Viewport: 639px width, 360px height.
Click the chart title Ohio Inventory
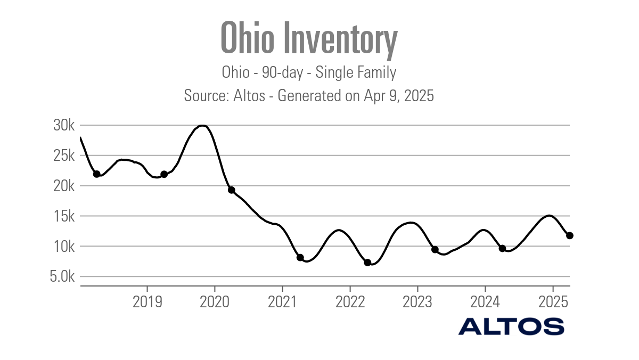(x=309, y=38)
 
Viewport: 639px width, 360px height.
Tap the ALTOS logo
(x=511, y=326)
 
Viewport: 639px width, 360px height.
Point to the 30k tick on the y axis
(x=64, y=126)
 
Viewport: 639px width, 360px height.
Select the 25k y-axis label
(x=64, y=156)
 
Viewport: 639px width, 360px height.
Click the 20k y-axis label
(x=64, y=186)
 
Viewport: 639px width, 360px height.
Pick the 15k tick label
(x=64, y=216)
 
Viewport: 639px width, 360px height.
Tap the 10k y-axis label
(x=64, y=247)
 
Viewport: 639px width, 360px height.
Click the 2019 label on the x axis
(x=147, y=301)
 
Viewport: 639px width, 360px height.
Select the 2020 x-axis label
(x=215, y=301)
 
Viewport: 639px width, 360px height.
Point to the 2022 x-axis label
(x=350, y=301)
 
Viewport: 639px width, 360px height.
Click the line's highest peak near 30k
(x=202, y=126)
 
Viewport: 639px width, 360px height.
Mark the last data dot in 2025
(x=569, y=235)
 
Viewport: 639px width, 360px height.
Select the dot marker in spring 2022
(x=367, y=263)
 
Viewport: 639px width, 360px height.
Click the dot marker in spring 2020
(x=232, y=190)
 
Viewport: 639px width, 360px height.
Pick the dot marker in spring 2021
(x=300, y=258)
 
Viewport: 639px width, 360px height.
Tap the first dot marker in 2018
(x=96, y=174)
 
